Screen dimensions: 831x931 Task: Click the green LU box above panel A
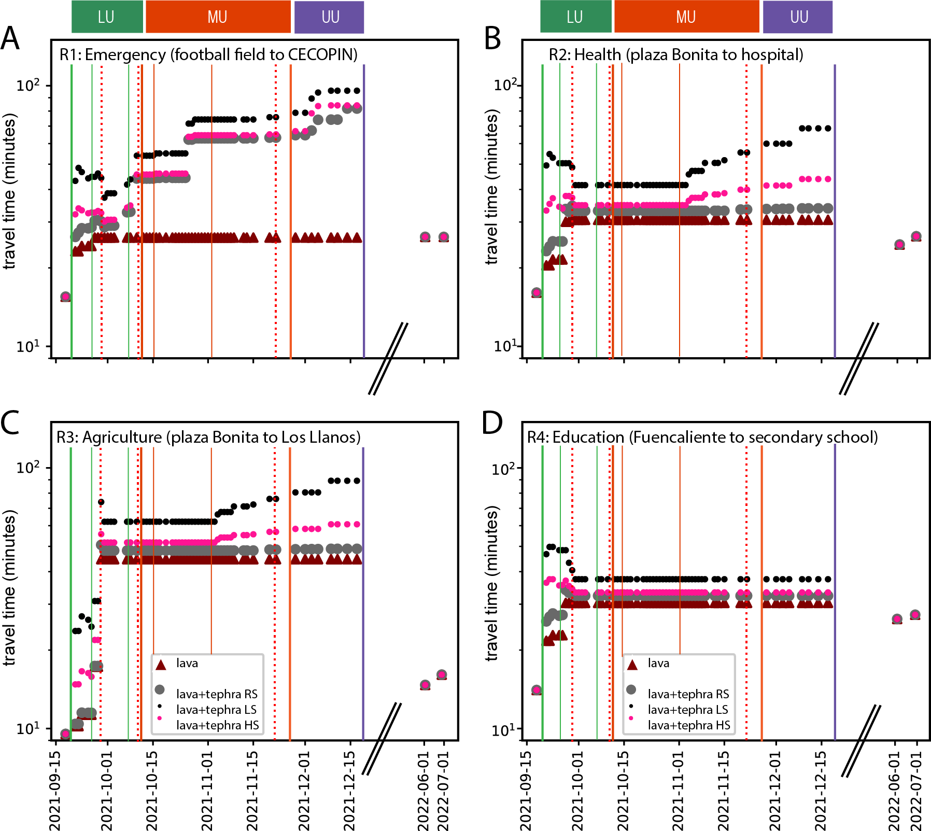(x=107, y=17)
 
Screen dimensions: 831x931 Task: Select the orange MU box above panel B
(x=686, y=17)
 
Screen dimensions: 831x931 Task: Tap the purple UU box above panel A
(x=329, y=17)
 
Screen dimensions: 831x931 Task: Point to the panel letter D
(x=492, y=422)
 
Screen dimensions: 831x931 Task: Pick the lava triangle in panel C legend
(x=161, y=665)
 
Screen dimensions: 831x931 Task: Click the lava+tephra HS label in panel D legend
(x=688, y=725)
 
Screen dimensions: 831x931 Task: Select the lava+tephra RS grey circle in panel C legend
(x=160, y=689)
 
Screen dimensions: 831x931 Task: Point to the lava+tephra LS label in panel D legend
(x=687, y=710)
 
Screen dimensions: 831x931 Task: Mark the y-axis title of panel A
(x=10, y=192)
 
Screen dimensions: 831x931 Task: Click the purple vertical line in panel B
(x=835, y=207)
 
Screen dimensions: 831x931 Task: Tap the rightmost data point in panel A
(x=443, y=237)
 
